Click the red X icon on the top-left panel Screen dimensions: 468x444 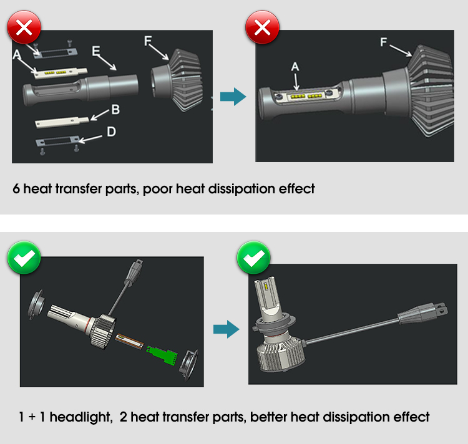pyautogui.click(x=24, y=27)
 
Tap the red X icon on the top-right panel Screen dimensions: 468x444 pyautogui.click(x=262, y=27)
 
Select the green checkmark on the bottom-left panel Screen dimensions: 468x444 pyautogui.click(x=24, y=258)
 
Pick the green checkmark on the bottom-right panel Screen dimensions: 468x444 pyautogui.click(x=254, y=258)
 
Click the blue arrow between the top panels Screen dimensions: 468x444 pyautogui.click(x=233, y=97)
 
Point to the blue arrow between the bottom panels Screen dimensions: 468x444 pyautogui.click(x=227, y=329)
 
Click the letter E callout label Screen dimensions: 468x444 pyautogui.click(x=96, y=51)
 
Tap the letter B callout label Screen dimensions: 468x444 pyautogui.click(x=115, y=109)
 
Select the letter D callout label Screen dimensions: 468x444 pyautogui.click(x=111, y=132)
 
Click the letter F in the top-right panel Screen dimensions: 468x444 pyautogui.click(x=384, y=42)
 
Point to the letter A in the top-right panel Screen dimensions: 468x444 pyautogui.click(x=295, y=67)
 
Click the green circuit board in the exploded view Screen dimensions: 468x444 pyautogui.click(x=163, y=354)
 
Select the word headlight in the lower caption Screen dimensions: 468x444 pyautogui.click(x=81, y=417)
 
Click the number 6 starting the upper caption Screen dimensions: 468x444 pyautogui.click(x=16, y=189)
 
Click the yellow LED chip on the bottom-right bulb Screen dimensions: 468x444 pyautogui.click(x=266, y=286)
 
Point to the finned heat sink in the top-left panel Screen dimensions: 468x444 pyautogui.click(x=177, y=80)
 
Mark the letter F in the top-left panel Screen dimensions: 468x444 pyautogui.click(x=148, y=41)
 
